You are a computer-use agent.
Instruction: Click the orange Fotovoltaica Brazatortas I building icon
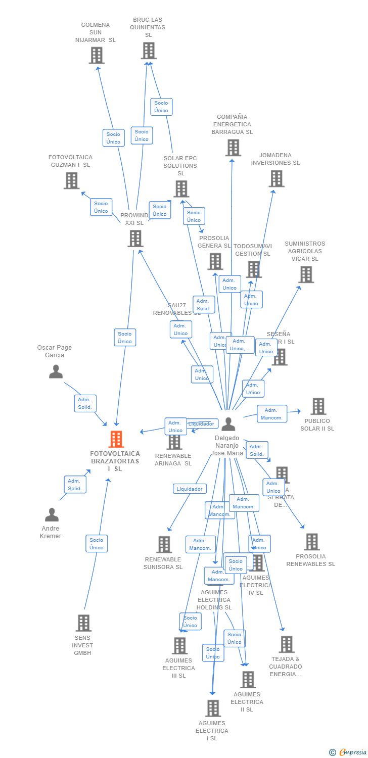(116, 439)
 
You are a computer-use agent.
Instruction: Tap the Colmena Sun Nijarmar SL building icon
(97, 55)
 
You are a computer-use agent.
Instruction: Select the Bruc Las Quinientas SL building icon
(148, 51)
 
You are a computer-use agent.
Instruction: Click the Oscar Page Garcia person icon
(56, 371)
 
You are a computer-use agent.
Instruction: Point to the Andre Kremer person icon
(52, 515)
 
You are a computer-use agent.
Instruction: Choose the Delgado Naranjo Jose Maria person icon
(228, 424)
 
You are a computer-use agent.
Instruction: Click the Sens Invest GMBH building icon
(83, 623)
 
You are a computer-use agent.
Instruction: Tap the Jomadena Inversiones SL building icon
(276, 178)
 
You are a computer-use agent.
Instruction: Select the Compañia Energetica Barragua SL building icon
(233, 148)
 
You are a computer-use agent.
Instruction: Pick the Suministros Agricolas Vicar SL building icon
(306, 274)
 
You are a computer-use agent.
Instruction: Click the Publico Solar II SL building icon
(318, 406)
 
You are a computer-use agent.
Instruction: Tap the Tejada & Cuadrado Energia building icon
(287, 644)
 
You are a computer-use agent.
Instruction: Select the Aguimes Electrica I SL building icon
(213, 708)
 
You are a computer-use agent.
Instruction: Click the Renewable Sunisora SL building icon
(164, 544)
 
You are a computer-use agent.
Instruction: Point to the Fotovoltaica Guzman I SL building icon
(71, 180)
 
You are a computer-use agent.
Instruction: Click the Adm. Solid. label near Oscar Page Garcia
(85, 403)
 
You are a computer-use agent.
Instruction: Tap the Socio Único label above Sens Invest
(97, 544)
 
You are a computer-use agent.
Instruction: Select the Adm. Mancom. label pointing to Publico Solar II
(271, 414)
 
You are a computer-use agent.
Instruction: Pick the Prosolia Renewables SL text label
(310, 560)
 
